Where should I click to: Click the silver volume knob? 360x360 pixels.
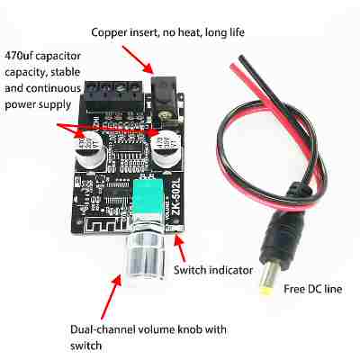[x=146, y=254]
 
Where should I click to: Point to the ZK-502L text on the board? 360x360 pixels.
[x=176, y=196]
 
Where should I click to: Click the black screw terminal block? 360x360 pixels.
[x=113, y=96]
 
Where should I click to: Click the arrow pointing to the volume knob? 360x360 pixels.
[x=112, y=296]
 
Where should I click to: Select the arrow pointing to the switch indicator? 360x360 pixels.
[x=181, y=247]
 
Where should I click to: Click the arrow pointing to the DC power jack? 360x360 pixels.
[x=138, y=60]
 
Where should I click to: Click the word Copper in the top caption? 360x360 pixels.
[x=109, y=32]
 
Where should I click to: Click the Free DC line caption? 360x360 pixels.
[x=312, y=289]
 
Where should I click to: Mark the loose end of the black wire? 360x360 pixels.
[x=241, y=57]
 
